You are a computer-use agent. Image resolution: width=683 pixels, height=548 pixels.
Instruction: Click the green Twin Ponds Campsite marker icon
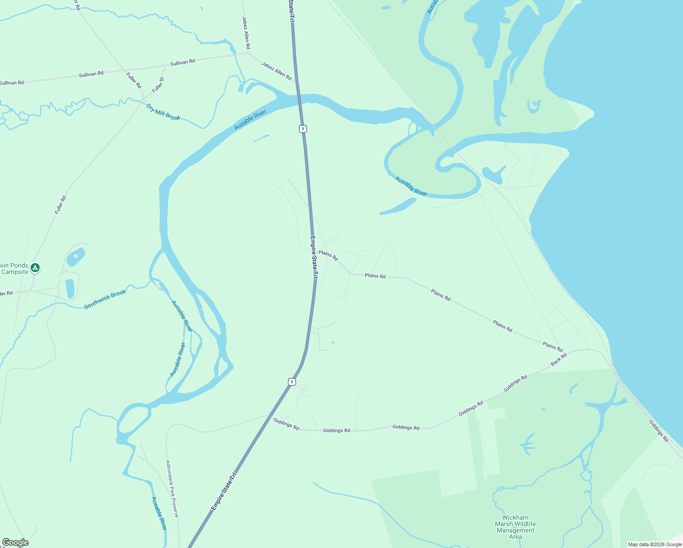coord(35,268)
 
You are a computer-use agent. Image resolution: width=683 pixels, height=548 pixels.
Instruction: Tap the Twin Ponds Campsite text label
coord(14,269)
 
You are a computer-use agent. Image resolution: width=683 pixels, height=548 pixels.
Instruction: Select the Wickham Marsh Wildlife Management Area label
coord(515,527)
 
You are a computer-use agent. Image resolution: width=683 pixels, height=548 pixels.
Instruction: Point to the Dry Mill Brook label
coord(163,112)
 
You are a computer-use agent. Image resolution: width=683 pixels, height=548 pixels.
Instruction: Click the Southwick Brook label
coord(105,300)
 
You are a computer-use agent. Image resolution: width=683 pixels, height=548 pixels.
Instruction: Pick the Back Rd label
coord(558,359)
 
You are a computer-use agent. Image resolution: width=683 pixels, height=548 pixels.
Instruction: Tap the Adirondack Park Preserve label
coord(172,489)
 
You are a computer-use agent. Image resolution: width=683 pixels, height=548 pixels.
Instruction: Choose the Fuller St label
coord(158,85)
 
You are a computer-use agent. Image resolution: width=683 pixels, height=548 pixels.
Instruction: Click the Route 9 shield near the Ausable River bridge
coord(303,129)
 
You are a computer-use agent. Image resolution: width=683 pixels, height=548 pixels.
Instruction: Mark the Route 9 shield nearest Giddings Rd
coord(291,381)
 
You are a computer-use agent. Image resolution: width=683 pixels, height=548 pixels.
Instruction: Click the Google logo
coord(16,543)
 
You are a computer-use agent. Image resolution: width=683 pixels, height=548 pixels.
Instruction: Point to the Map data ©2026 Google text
coord(655,544)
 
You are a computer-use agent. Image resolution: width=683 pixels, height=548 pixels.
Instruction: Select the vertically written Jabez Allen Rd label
coord(246,33)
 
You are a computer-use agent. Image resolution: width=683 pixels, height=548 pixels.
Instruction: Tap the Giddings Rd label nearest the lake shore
coord(658,431)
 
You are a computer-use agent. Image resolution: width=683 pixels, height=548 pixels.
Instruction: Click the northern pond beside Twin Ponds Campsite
coord(76,258)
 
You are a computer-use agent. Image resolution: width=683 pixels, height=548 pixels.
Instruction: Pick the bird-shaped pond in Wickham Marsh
coord(527,444)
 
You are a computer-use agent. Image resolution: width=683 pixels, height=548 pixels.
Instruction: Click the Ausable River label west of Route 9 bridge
coord(250,120)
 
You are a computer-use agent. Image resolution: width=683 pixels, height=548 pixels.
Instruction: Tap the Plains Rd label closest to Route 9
coord(328,255)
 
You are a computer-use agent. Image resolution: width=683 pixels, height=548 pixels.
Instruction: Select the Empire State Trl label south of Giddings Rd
coord(224,491)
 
